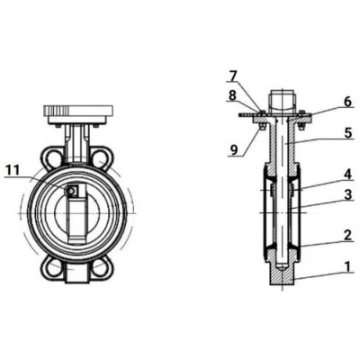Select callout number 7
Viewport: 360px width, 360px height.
pos(233,76)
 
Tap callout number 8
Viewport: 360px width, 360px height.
pos(232,95)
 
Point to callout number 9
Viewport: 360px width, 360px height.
pos(233,149)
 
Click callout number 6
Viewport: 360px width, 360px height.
pos(347,102)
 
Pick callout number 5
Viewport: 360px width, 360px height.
pos(347,133)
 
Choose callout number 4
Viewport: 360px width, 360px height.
pos(347,175)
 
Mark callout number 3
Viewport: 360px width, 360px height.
pos(347,195)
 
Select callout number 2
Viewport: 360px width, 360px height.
pos(347,235)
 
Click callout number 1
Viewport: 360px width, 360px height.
pos(347,266)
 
